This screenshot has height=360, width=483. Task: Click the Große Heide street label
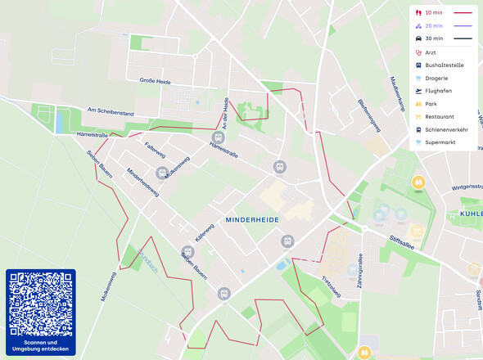pyautogui.click(x=155, y=80)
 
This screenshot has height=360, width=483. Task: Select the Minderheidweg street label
pyautogui.click(x=142, y=183)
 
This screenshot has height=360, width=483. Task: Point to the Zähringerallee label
pyautogui.click(x=358, y=272)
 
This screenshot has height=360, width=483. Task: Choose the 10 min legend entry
pyautogui.click(x=434, y=13)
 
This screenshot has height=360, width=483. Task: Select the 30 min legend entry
pyautogui.click(x=434, y=38)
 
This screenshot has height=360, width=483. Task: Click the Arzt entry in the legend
pyautogui.click(x=431, y=52)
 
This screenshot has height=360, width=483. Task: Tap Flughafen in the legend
pyautogui.click(x=439, y=91)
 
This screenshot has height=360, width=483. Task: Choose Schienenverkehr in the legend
pyautogui.click(x=446, y=129)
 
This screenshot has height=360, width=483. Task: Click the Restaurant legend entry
pyautogui.click(x=440, y=117)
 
